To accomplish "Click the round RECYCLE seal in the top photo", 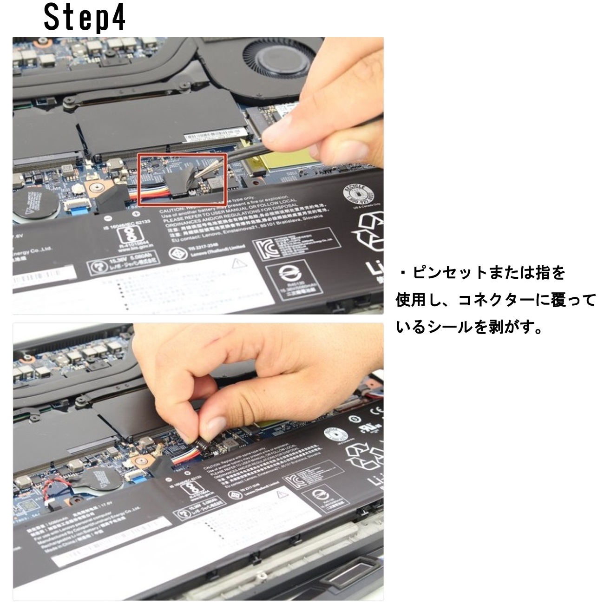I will [357, 193].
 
